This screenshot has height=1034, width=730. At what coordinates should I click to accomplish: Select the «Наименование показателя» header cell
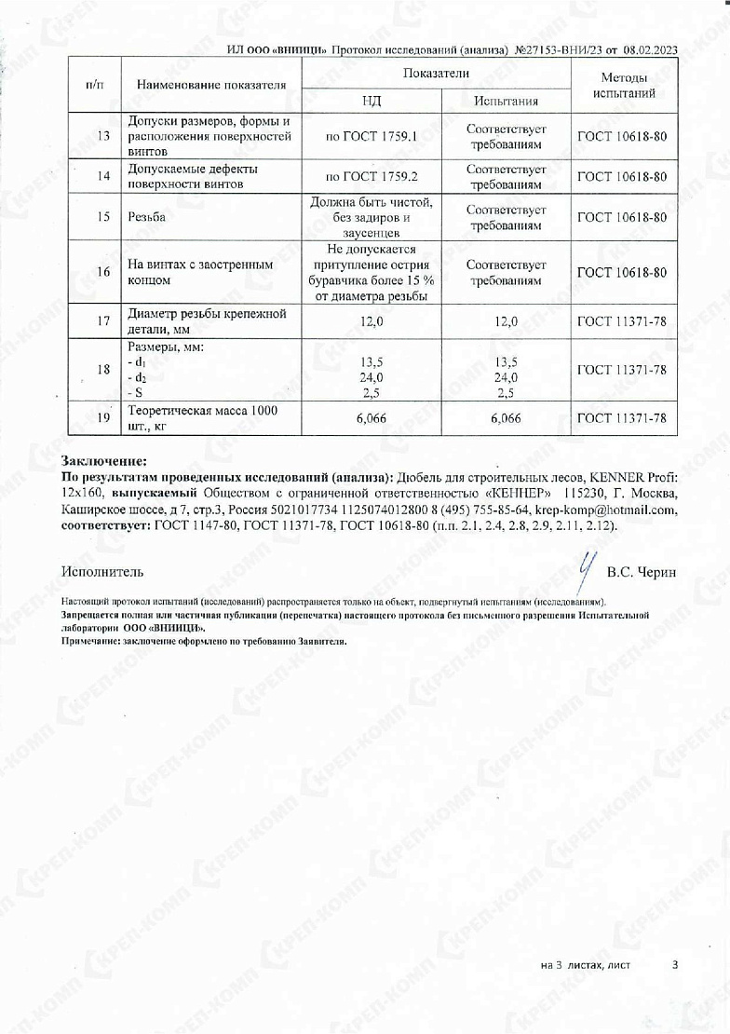click(210, 86)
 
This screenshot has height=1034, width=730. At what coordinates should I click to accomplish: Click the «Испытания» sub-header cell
click(506, 101)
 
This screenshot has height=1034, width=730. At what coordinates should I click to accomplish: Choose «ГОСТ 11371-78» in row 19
click(622, 418)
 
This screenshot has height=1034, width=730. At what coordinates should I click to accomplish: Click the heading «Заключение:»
click(104, 460)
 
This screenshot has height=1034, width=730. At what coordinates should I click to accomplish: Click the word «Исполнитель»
click(102, 571)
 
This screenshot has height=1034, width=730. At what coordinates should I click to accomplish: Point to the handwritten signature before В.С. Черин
click(585, 566)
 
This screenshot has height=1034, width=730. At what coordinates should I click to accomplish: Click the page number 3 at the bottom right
click(675, 965)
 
